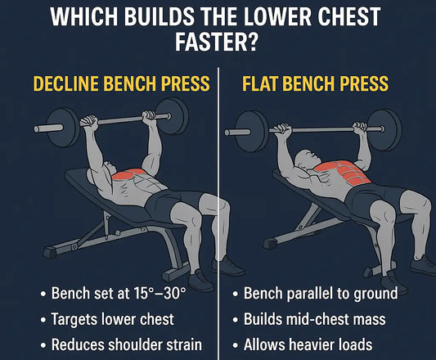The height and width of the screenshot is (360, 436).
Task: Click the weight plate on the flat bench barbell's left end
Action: coord(244,125)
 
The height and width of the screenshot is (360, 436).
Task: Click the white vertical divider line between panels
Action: coord(218,205)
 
